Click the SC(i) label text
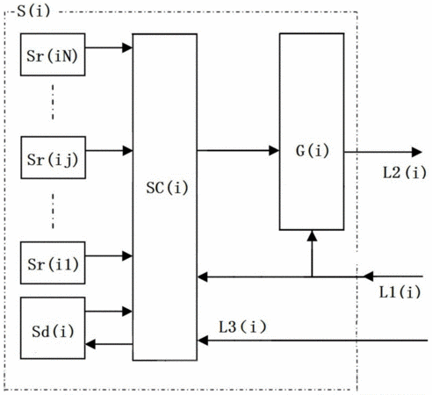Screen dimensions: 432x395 point(167,188)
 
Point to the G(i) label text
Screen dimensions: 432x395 point(313,151)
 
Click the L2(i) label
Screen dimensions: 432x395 point(405,173)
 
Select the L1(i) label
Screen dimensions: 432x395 point(400,292)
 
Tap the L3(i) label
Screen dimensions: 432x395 point(242,327)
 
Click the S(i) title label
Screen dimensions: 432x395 point(33,11)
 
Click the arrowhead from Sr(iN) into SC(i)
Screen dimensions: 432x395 point(127,47)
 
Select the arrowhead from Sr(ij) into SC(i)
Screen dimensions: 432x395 point(127,151)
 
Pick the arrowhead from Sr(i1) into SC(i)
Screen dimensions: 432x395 point(127,256)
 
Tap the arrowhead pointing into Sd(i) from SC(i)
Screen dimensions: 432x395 point(90,344)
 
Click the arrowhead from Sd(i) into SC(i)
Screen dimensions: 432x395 point(127,312)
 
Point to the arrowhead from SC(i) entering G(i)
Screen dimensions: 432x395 point(274,151)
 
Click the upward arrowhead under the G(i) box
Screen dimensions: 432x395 point(313,236)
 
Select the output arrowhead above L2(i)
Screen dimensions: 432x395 point(417,152)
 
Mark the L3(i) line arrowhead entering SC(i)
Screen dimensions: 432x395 point(203,341)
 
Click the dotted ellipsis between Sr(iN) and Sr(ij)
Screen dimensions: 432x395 point(53,102)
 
